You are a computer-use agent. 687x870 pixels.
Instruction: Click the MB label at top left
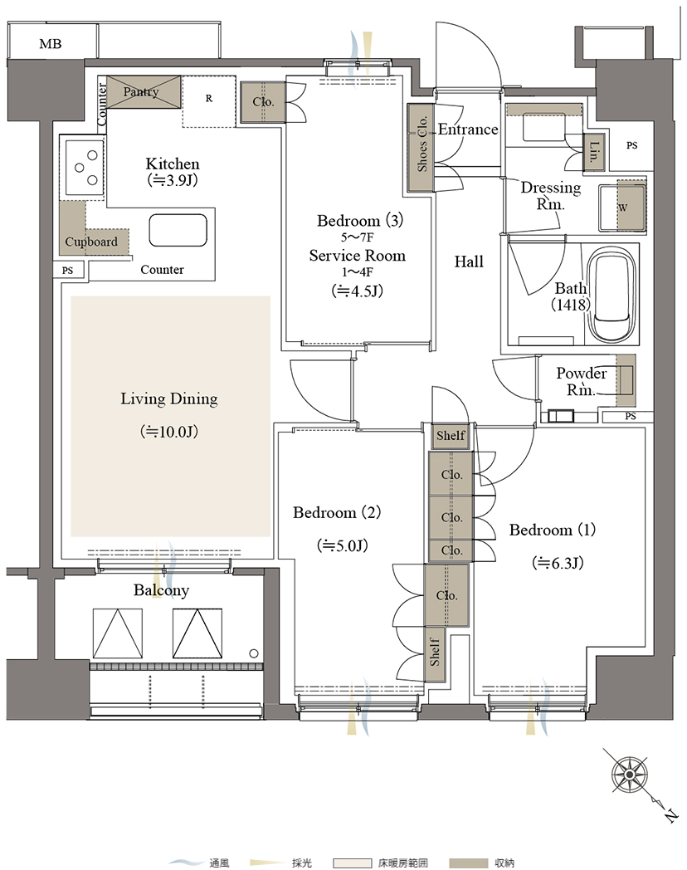point(50,44)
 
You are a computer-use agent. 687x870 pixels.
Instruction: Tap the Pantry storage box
point(144,92)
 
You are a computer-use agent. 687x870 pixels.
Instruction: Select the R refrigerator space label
point(209,98)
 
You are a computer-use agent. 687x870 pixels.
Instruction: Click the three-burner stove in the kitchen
point(85,167)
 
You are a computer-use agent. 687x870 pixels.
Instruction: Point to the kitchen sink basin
point(178,230)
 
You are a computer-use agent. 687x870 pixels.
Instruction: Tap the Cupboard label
point(91,242)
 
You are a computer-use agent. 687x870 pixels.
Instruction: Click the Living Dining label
point(169,399)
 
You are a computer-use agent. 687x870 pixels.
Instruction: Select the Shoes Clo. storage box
point(421,147)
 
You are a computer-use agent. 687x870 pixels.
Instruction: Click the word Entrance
point(468,130)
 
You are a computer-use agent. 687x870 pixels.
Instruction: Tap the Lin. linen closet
point(594,151)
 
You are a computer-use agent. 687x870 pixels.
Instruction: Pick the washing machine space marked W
point(631,207)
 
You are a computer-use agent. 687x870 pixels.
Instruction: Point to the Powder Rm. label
point(581,381)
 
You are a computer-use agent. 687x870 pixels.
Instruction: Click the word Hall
point(469,261)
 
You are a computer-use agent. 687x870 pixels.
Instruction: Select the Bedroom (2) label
point(337,512)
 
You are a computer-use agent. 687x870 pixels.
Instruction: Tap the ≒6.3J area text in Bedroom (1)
point(558,563)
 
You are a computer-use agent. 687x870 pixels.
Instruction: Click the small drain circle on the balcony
point(254,653)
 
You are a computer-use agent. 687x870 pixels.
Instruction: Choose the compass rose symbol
point(630,774)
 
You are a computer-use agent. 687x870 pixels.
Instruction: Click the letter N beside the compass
point(671,815)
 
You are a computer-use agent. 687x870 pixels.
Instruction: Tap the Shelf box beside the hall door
point(451,436)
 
